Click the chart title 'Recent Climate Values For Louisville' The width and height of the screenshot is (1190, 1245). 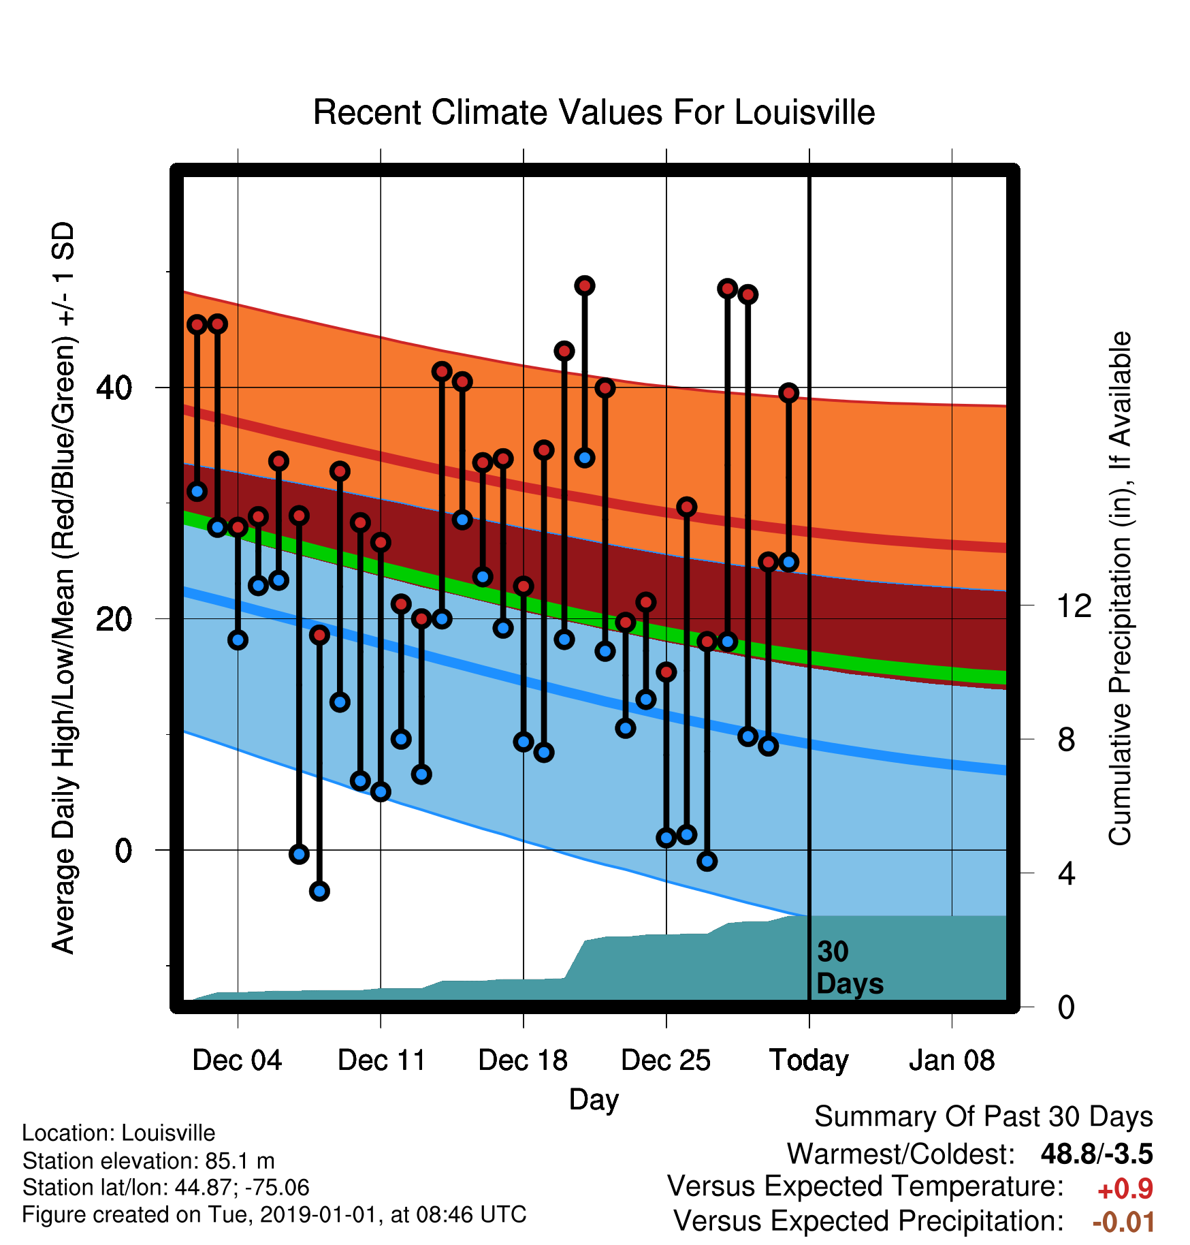(x=594, y=112)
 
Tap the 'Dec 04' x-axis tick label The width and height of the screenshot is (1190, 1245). (x=237, y=1060)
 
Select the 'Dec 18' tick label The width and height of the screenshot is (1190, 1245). (x=523, y=1060)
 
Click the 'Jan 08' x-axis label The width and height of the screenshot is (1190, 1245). (x=952, y=1060)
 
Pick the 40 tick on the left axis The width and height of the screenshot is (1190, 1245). (x=114, y=388)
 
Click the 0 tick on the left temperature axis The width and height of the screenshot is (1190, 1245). (x=123, y=850)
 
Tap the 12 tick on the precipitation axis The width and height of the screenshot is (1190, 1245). (x=1074, y=605)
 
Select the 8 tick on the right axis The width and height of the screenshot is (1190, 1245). (x=1066, y=739)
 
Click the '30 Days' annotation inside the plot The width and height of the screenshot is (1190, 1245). (x=850, y=968)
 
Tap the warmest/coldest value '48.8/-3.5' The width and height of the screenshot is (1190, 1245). (x=1097, y=1154)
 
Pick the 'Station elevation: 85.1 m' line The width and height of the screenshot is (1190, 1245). (x=148, y=1161)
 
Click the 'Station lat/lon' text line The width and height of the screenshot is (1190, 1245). (x=166, y=1188)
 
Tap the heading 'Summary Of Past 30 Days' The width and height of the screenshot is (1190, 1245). (x=984, y=1117)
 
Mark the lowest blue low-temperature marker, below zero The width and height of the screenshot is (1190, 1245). (x=319, y=891)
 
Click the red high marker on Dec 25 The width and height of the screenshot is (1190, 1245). (x=666, y=672)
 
